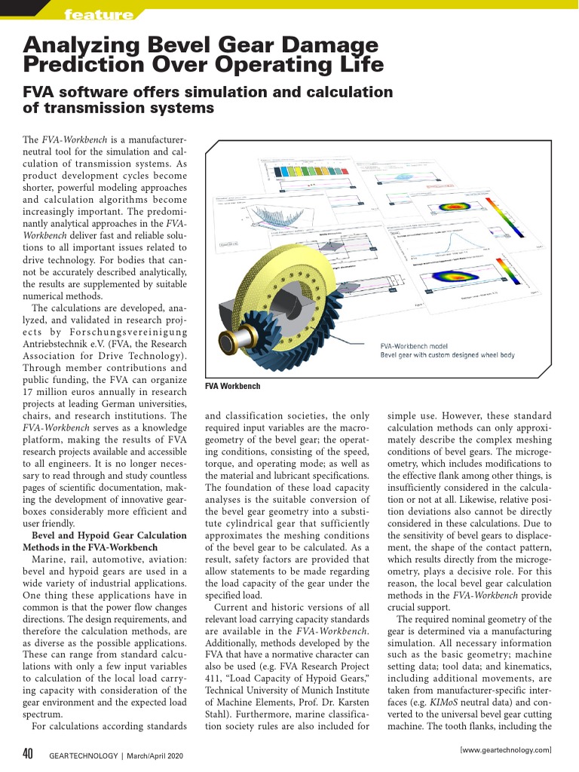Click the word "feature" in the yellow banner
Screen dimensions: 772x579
(99, 14)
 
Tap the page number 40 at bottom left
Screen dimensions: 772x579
(27, 754)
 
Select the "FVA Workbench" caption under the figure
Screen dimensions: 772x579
(233, 386)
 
